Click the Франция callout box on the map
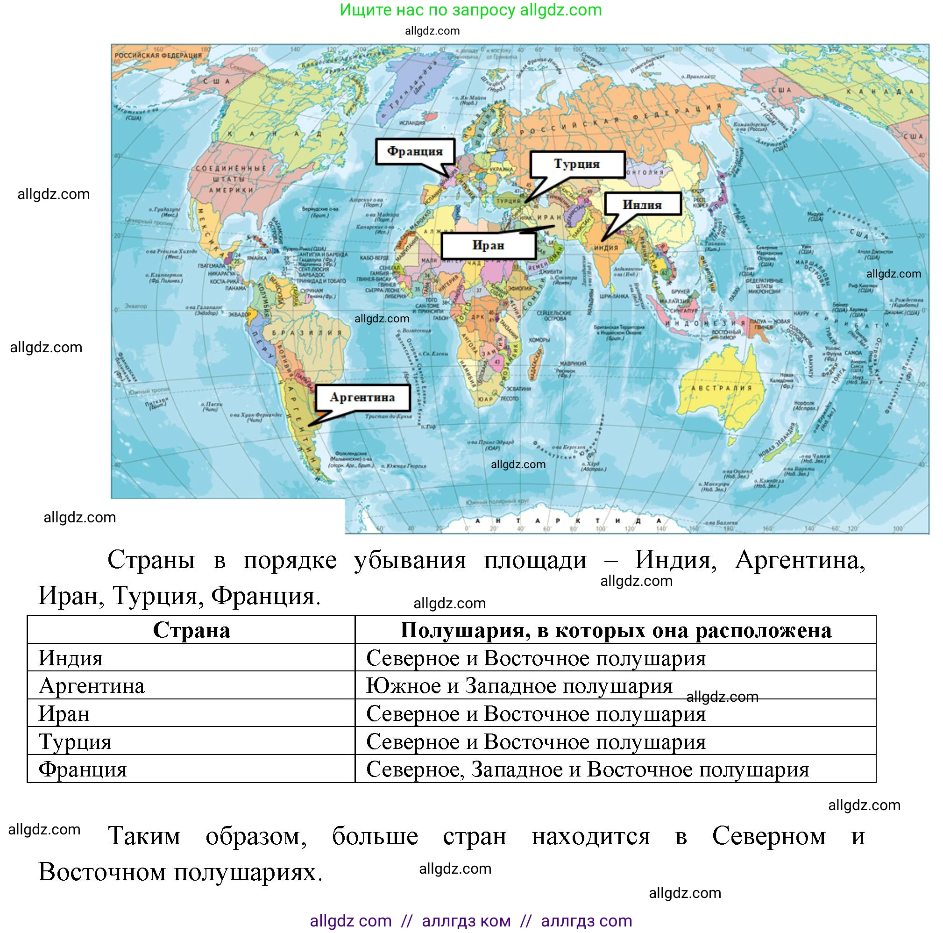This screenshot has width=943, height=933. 415,151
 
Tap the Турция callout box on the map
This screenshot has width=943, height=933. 577,164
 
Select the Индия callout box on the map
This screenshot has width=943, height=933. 642,204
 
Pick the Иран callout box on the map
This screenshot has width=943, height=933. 488,245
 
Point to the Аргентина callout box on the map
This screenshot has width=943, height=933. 362,398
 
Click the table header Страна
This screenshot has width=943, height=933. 191,630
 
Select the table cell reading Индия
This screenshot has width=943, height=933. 71,658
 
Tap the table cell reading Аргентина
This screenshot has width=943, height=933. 92,686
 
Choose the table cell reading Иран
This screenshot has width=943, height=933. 64,714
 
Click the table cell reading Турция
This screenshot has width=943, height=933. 75,741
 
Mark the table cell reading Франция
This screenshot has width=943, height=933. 83,769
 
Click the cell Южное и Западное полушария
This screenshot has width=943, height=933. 519,686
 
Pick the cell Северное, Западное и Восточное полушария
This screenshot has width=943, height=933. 587,769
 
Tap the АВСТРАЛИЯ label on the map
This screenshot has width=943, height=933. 722,388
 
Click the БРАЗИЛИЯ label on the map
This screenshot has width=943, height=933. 307,333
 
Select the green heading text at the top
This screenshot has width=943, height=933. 470,10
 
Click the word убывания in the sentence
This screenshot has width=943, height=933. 410,560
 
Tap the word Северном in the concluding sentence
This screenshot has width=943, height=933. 769,836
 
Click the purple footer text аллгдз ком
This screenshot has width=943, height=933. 466,921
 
